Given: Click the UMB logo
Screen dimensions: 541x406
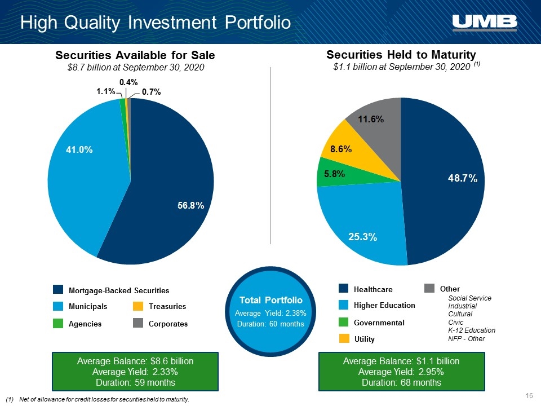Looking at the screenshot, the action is coord(485,23).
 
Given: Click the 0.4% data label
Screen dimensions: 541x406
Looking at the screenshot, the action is coord(128,82).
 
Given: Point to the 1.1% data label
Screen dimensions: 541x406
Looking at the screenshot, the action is coord(105,91).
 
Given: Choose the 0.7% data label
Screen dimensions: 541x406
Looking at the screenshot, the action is coord(152,92).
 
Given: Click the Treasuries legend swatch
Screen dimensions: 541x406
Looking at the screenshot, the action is coord(138,306).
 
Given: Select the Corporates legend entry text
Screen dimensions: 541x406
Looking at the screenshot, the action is coord(168,324).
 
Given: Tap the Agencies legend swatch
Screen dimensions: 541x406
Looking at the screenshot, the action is coord(58,324).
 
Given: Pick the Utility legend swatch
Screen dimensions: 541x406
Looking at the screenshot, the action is coord(344,339).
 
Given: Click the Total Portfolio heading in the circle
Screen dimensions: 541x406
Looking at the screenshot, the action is coord(271,300).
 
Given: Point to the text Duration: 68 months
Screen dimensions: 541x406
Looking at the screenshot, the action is coord(401,382).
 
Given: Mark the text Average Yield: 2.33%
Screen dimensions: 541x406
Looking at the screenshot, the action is coord(135,372).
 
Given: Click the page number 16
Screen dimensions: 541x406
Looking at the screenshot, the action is coord(529,396).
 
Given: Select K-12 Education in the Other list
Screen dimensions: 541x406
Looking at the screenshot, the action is coord(472,330).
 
